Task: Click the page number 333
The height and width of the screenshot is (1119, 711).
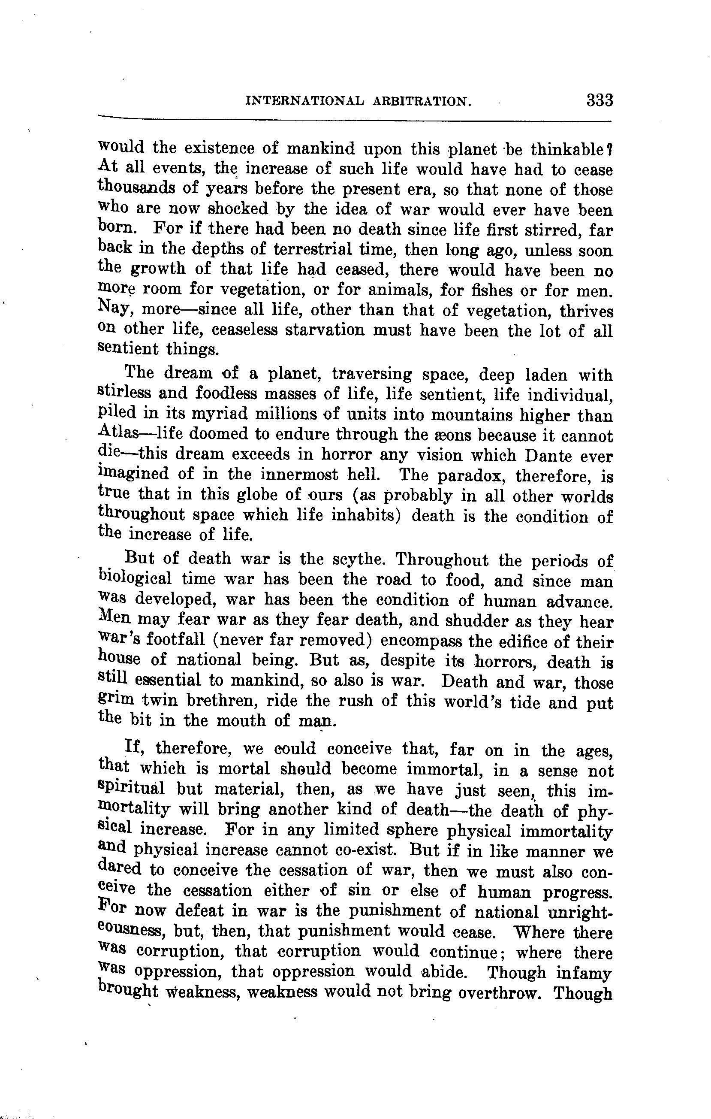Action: click(x=600, y=100)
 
